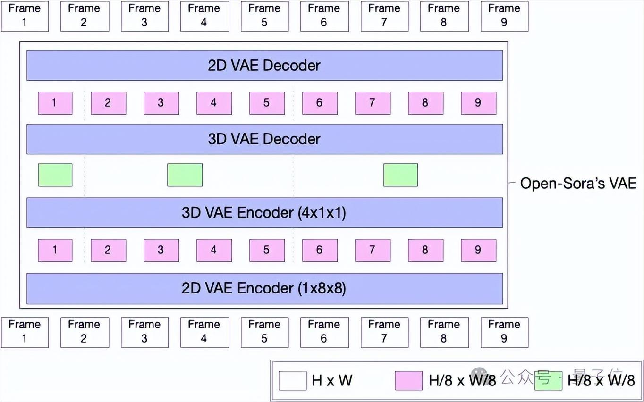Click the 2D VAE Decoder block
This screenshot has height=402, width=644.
point(264,65)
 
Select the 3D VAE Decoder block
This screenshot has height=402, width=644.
point(264,139)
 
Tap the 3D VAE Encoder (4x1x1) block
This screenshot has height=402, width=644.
point(264,212)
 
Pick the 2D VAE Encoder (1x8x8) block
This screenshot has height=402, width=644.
point(264,288)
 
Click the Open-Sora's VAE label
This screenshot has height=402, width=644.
point(578,183)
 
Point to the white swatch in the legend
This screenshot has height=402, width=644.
point(292,381)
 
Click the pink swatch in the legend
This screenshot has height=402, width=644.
point(408,381)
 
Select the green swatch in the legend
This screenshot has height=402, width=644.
point(548,381)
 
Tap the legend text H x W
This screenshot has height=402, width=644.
point(332,380)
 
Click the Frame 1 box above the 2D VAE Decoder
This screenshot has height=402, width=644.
point(25,16)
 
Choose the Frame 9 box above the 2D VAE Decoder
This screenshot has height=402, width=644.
point(504,16)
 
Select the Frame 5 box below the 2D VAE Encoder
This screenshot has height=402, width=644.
point(264,332)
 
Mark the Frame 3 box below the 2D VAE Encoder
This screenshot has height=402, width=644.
point(144,332)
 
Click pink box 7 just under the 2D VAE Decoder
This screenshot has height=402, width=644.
point(373,103)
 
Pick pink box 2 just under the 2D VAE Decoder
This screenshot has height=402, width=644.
point(108,103)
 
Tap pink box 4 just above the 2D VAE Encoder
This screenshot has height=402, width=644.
point(214,250)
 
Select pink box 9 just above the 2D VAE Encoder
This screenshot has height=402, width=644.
point(478,250)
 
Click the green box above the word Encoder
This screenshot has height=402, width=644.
point(185,175)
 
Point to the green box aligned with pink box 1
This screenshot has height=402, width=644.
point(55,175)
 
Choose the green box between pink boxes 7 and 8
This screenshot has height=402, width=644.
point(400,175)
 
